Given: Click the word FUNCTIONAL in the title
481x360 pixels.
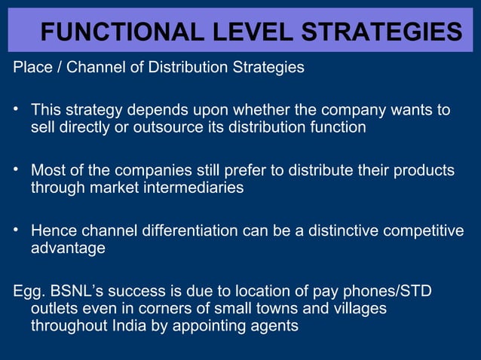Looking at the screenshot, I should (x=112, y=32).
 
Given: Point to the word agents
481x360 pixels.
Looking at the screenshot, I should (x=275, y=326).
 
